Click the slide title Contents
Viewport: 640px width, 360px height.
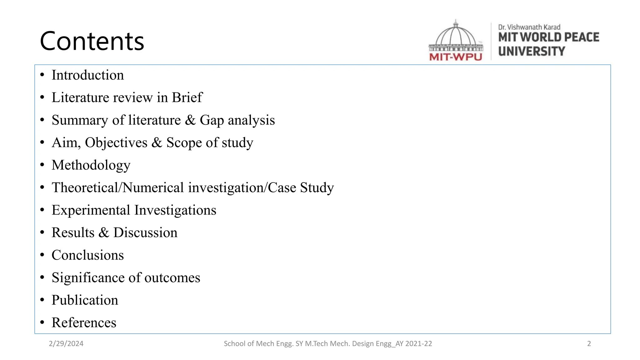(92, 41)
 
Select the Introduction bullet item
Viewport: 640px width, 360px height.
(87, 75)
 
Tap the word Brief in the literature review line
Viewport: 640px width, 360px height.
(187, 97)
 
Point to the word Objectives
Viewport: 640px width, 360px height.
(116, 143)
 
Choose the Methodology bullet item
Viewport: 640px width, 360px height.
(91, 165)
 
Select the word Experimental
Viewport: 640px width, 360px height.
(91, 210)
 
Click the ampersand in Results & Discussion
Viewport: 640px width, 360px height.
(104, 233)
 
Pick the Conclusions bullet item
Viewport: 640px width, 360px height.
(87, 255)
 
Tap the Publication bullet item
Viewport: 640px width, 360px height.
(85, 300)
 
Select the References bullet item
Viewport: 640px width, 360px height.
(84, 323)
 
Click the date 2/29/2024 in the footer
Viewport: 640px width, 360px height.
(66, 344)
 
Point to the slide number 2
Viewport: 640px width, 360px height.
(589, 344)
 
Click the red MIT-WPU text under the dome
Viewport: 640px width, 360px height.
(456, 57)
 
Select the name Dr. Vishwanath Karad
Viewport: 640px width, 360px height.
(529, 27)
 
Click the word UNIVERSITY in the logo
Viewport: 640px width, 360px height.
(532, 51)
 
